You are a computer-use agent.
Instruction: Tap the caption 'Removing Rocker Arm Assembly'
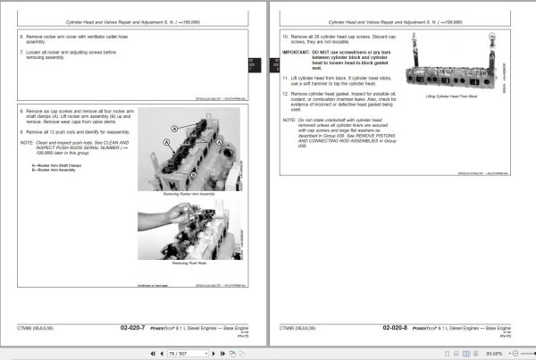click(184, 194)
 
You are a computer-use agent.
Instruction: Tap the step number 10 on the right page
click(285, 38)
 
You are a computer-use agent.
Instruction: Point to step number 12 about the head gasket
click(285, 93)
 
